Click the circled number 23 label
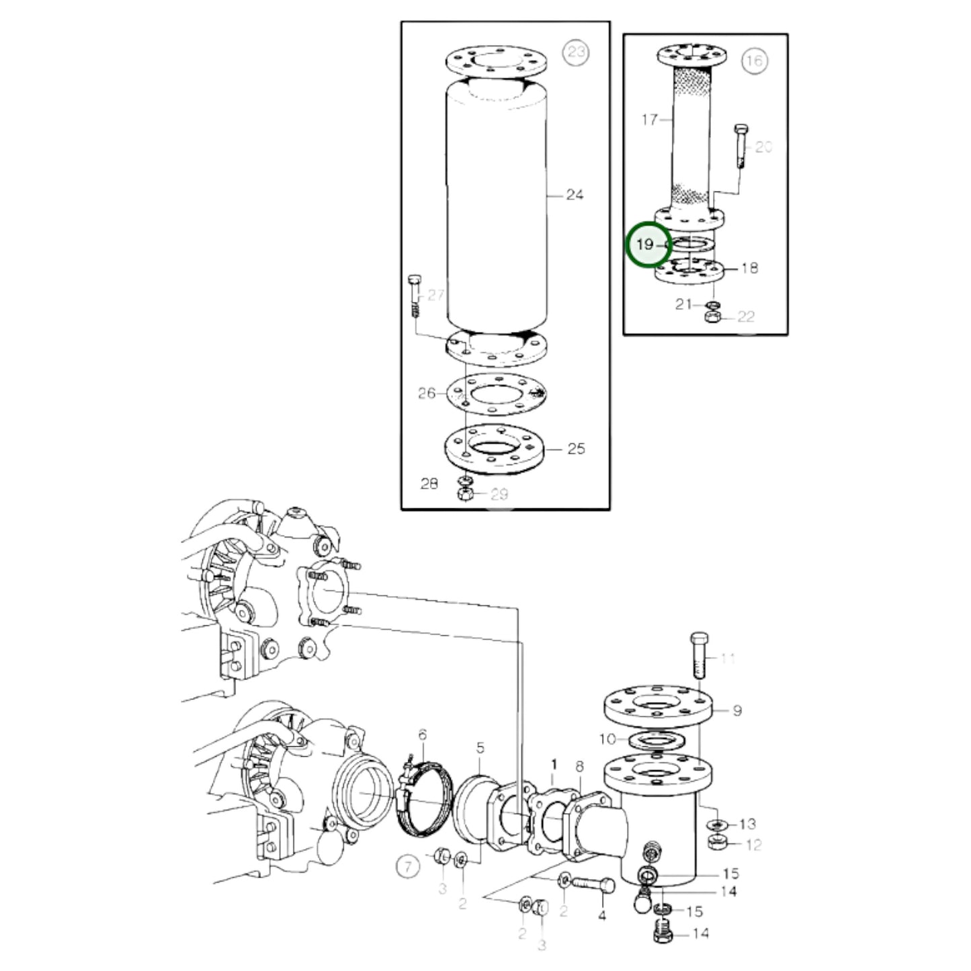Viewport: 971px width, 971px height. click(575, 52)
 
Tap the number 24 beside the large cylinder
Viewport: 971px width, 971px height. click(575, 195)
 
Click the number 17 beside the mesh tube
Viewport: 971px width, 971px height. click(649, 120)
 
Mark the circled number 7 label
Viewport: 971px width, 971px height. click(408, 866)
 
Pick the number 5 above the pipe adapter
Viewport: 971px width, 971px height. click(480, 747)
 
